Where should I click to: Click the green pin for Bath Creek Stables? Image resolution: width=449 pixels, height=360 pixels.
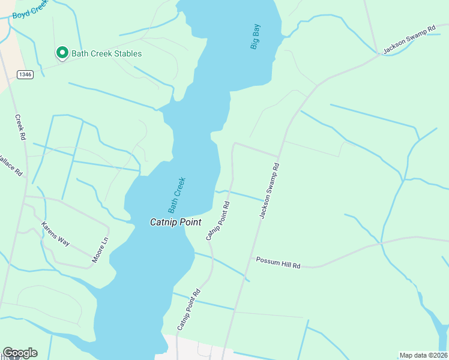(62, 53)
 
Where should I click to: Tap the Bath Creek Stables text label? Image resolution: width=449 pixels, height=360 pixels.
(107, 53)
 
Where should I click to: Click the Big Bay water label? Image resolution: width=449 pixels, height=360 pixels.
(256, 36)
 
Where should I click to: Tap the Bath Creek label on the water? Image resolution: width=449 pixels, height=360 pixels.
(177, 195)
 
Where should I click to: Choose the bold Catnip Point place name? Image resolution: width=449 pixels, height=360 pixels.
(175, 222)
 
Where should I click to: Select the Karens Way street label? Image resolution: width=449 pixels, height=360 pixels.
(55, 234)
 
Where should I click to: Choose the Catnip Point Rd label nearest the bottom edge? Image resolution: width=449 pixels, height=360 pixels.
(188, 310)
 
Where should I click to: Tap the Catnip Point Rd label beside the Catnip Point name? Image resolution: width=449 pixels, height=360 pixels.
(218, 221)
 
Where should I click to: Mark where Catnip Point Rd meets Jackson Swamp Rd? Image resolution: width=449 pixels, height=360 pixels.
(278, 157)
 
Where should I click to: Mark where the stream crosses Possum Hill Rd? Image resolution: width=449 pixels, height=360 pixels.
(381, 244)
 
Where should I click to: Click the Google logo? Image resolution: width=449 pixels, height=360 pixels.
(20, 353)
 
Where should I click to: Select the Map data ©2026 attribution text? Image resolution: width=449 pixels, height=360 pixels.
(423, 355)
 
